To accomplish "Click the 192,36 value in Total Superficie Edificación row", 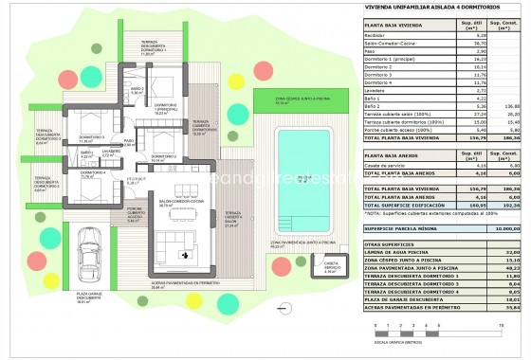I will point(513,204).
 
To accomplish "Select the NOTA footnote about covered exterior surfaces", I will point(426,214).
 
